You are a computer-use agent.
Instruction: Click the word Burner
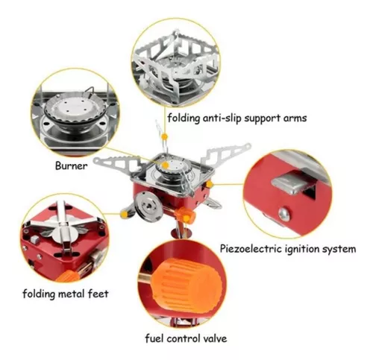tap(72, 165)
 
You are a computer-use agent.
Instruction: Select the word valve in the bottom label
tap(214, 338)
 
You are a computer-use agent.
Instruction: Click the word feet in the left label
tap(98, 294)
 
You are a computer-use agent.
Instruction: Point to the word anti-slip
tap(222, 118)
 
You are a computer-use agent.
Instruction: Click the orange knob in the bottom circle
tap(187, 282)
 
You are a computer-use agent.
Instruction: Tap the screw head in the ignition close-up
tap(284, 214)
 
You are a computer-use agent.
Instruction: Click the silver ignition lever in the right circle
tap(291, 184)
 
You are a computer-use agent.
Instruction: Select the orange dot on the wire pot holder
tap(164, 136)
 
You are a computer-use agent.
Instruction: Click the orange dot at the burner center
tap(165, 165)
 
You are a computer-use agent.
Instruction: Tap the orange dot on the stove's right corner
tap(210, 184)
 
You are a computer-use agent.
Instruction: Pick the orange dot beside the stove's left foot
tap(124, 214)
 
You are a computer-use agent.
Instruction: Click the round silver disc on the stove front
tap(148, 206)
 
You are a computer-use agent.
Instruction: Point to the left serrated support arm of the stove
tap(117, 163)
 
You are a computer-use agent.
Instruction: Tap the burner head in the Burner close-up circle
tap(75, 110)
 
